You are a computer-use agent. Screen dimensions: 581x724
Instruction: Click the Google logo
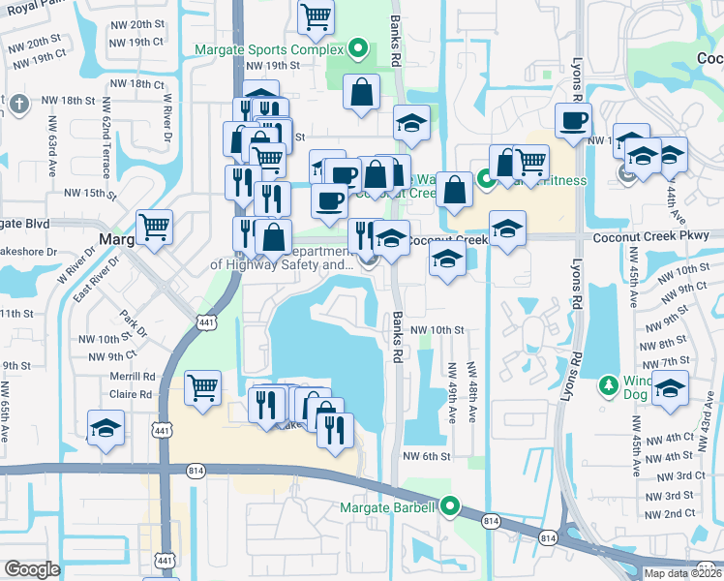pyautogui.click(x=32, y=569)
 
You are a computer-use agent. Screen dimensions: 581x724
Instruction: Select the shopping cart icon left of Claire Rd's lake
pyautogui.click(x=203, y=387)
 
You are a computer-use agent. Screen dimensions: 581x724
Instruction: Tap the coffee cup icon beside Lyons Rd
pyautogui.click(x=573, y=120)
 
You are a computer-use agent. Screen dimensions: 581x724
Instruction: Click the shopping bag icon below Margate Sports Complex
pyautogui.click(x=361, y=94)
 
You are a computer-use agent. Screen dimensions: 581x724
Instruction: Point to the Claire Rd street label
pyautogui.click(x=131, y=394)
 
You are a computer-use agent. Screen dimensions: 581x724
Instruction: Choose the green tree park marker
pyautogui.click(x=608, y=385)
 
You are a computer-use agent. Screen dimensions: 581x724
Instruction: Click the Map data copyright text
pyautogui.click(x=683, y=573)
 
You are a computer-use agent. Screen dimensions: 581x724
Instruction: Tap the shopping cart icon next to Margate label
pyautogui.click(x=154, y=227)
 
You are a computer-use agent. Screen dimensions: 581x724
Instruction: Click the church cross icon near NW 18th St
pyautogui.click(x=19, y=103)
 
